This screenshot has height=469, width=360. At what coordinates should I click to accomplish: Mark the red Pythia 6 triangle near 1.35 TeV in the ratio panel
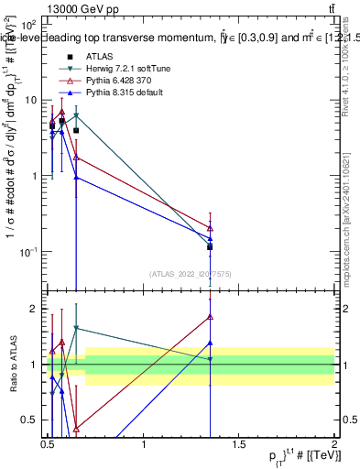pyautogui.click(x=211, y=317)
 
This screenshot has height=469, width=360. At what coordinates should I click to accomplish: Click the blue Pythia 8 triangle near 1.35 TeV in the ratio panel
pyautogui.click(x=211, y=344)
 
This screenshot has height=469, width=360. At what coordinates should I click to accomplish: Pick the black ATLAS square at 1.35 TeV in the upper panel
pyautogui.click(x=211, y=247)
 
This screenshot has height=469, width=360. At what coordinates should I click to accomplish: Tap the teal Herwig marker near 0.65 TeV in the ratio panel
pyautogui.click(x=76, y=328)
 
